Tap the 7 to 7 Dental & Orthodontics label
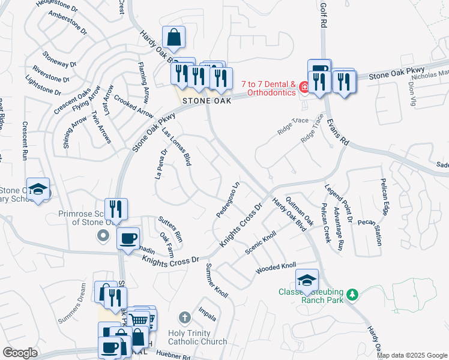tap(268, 88)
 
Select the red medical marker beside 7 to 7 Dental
tap(304, 88)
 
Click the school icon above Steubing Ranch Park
tap(307, 278)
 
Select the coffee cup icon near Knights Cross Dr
tap(127, 238)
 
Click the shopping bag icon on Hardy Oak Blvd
tap(173, 37)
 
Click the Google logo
tap(20, 353)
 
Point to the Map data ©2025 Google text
tap(412, 355)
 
